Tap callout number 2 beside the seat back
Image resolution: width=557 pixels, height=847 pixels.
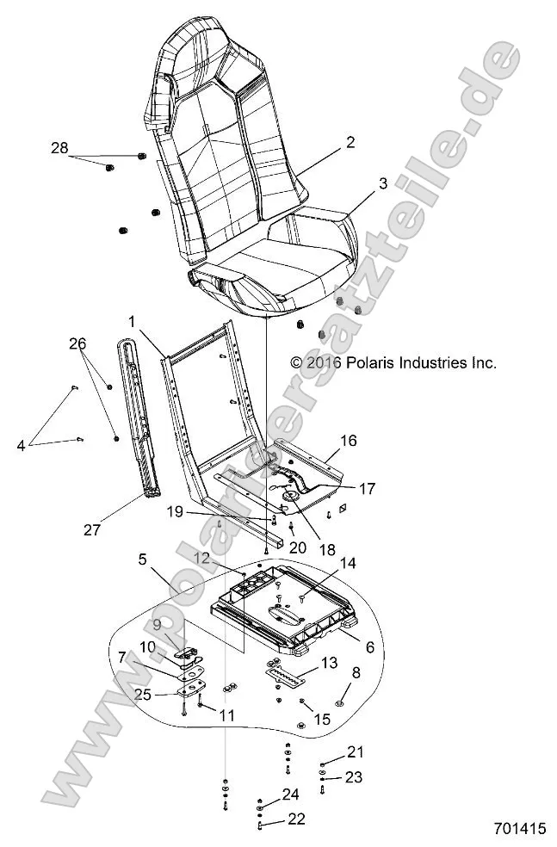point(326,144)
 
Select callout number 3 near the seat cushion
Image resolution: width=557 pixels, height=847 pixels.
point(359,183)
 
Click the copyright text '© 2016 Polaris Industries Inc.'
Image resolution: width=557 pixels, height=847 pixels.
point(393,363)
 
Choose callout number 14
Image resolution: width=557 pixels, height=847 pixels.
point(324,564)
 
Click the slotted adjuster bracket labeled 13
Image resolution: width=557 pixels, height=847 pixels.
point(287,673)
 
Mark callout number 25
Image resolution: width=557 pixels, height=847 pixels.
point(143,695)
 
